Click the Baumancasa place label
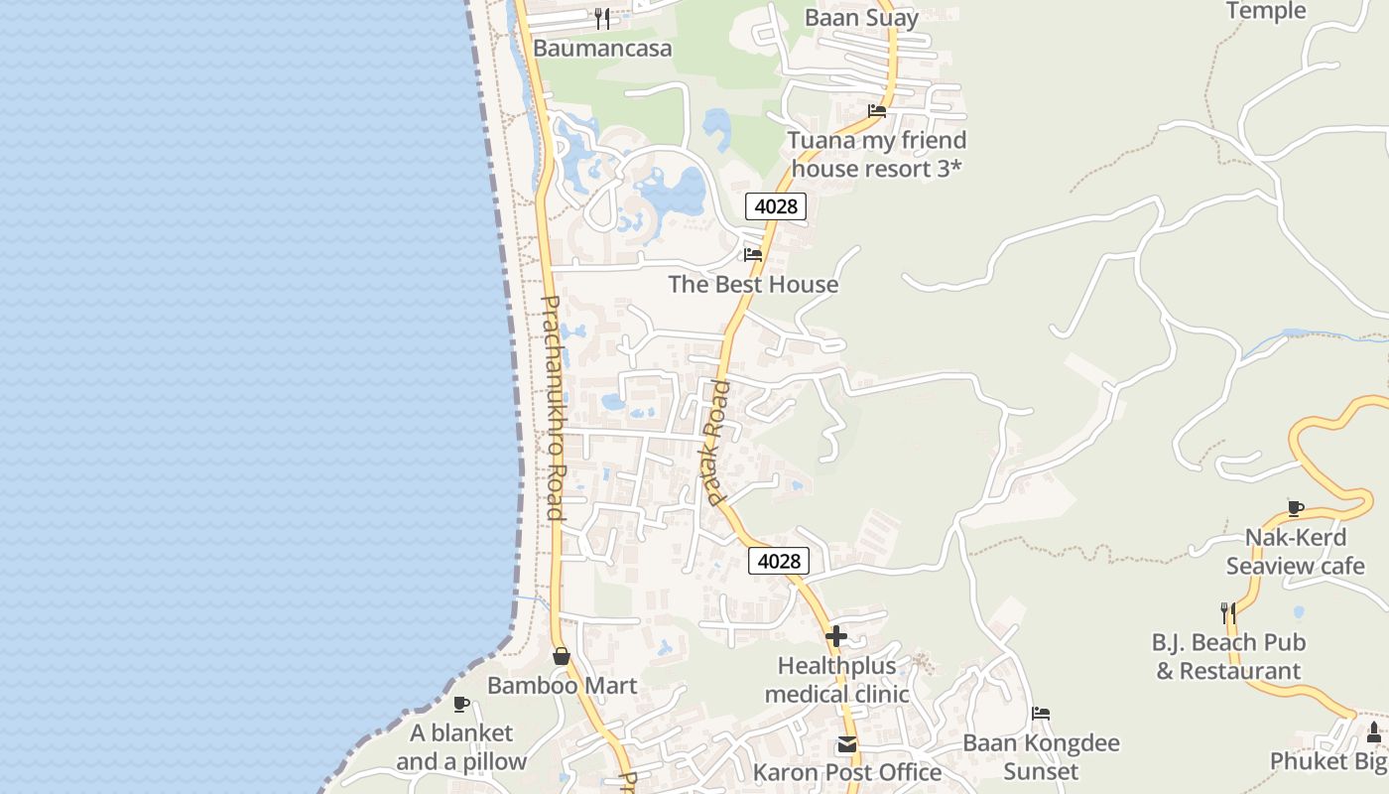(x=602, y=48)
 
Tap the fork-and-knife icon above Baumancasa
(x=602, y=18)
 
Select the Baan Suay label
(x=861, y=17)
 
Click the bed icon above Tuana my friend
(x=877, y=111)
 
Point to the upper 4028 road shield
(x=776, y=206)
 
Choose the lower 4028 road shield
(x=779, y=561)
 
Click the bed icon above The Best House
(x=753, y=255)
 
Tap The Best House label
(x=753, y=285)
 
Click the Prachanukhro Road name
(x=554, y=407)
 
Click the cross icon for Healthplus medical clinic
(x=836, y=636)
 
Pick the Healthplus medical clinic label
(x=836, y=680)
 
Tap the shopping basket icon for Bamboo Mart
(x=562, y=656)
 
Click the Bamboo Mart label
(x=562, y=686)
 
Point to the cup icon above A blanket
(x=461, y=704)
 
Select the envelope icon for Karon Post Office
(x=846, y=743)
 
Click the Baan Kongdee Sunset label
(x=1041, y=757)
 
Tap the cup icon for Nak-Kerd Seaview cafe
(x=1296, y=508)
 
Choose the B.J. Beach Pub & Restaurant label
(x=1228, y=657)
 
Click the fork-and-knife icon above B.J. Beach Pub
(x=1228, y=613)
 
